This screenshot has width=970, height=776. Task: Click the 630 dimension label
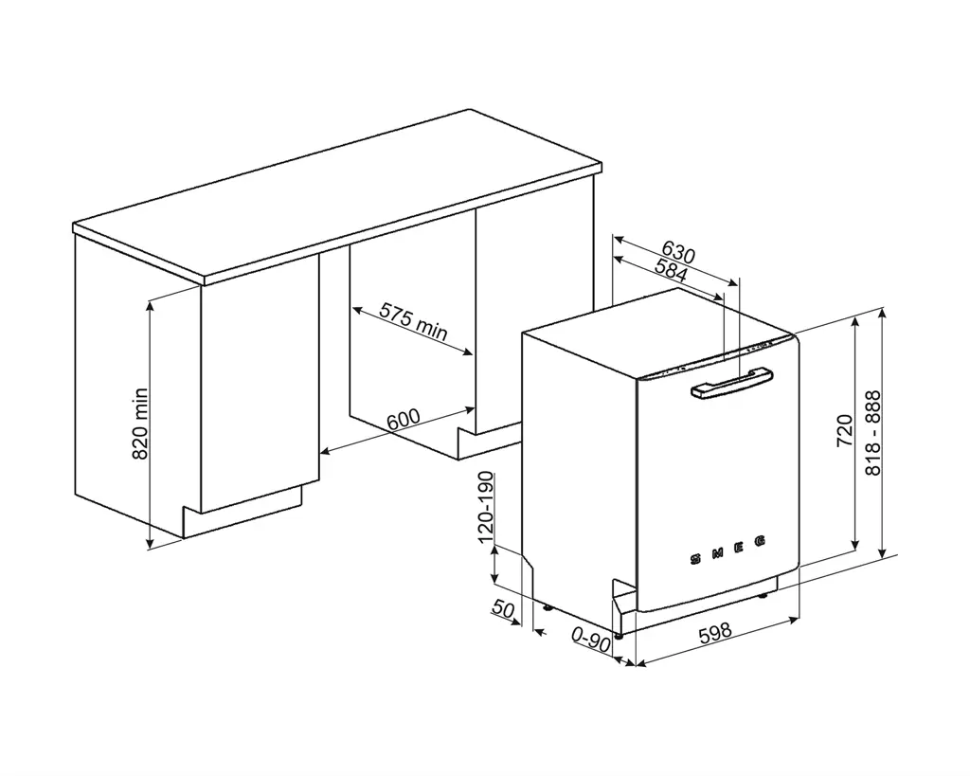tap(678, 253)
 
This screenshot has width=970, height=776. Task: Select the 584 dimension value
tap(671, 271)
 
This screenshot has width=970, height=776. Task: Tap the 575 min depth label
tap(413, 320)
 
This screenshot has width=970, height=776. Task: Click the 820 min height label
tap(139, 424)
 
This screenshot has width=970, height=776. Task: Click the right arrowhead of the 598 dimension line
tap(793, 620)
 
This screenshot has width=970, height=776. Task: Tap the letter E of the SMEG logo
tap(741, 548)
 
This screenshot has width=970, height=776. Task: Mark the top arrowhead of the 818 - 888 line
tap(883, 312)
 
